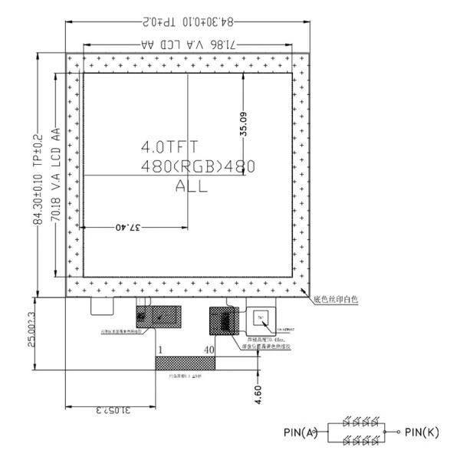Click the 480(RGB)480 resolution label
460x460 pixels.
(197, 166)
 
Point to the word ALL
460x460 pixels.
(191, 185)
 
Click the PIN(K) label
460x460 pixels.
(422, 432)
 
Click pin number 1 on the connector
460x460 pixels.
(159, 350)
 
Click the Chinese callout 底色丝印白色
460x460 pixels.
(334, 299)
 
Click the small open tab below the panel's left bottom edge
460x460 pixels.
(101, 306)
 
